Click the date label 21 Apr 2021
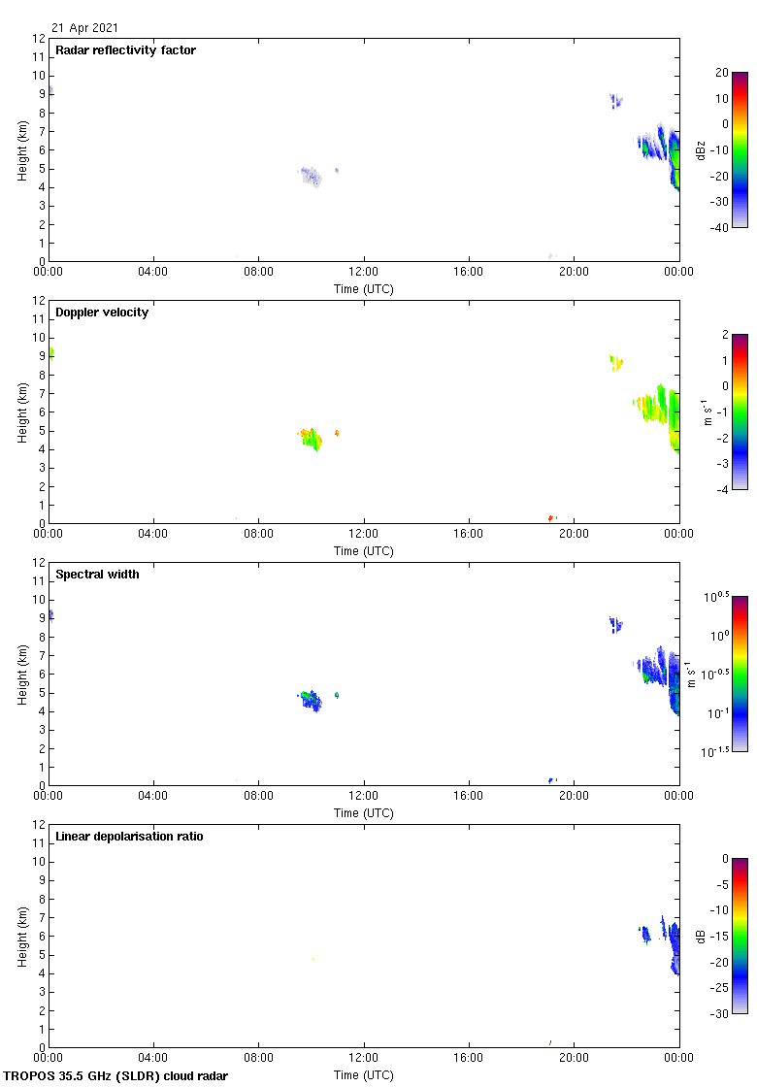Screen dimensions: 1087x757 (85, 28)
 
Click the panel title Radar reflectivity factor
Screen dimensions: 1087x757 (125, 50)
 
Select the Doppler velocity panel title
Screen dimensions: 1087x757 (102, 313)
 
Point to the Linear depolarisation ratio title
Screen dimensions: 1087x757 (129, 837)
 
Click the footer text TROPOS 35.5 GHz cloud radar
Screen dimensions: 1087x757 (115, 1076)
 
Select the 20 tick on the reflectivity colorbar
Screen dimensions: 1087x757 (721, 72)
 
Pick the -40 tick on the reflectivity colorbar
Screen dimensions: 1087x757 (721, 227)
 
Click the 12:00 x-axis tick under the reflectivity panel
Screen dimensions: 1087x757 (364, 272)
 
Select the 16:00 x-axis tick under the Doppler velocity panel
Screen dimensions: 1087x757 (469, 534)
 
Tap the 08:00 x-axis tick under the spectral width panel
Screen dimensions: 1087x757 (258, 796)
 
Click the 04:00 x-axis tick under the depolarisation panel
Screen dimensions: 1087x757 (153, 1058)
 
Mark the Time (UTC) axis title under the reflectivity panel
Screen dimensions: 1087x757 (364, 288)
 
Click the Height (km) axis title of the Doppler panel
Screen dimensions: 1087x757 (22, 412)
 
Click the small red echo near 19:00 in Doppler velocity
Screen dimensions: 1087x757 (550, 518)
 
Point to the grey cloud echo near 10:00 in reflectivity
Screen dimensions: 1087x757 (310, 177)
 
